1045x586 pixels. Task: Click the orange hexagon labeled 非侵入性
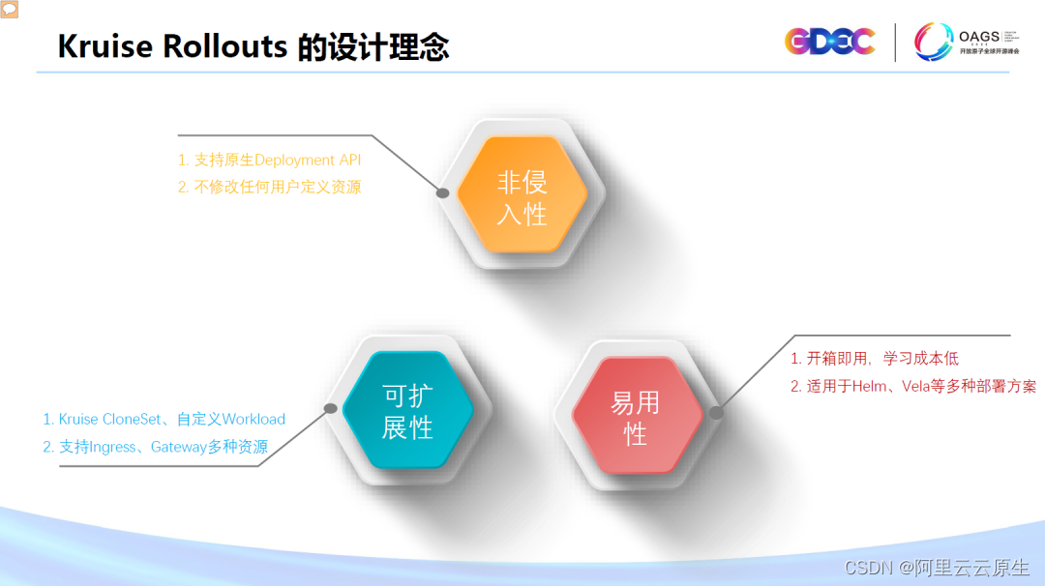point(522,197)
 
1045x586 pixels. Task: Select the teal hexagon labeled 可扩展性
point(407,411)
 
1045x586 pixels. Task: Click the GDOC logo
point(829,41)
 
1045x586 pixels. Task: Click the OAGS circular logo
point(934,42)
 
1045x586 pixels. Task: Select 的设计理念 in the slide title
point(373,46)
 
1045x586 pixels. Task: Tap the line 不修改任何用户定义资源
point(278,188)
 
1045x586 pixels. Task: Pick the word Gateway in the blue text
point(179,447)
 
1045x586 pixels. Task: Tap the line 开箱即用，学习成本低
point(882,359)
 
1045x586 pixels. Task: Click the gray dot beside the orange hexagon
point(442,192)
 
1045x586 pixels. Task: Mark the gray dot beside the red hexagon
point(716,412)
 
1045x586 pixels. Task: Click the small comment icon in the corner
point(9,8)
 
